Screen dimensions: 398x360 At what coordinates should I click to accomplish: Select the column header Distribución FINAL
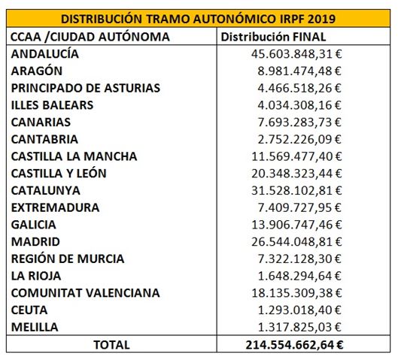pos(273,37)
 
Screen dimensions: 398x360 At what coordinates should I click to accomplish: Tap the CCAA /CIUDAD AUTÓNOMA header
pos(90,37)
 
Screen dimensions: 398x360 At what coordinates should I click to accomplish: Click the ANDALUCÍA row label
pos(45,54)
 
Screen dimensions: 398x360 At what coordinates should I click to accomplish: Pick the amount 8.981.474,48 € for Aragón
pos(299,71)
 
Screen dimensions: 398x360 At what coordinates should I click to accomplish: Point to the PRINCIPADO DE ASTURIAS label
pos(86,88)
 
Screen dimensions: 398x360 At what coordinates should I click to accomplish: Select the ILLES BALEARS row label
pos(52,105)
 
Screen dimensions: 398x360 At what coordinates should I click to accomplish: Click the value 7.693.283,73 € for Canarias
pos(299,123)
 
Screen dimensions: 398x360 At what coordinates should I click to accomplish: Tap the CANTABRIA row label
pos(44,139)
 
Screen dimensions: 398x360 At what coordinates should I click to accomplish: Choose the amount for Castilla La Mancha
pos(296,156)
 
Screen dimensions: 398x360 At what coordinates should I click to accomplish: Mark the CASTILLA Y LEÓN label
pos(59,174)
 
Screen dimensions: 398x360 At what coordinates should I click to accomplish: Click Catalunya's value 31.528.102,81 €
pos(296,191)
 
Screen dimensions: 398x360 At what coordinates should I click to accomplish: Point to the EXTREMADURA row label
pos(55,207)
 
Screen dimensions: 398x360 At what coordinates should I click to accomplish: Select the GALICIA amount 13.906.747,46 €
pos(296,225)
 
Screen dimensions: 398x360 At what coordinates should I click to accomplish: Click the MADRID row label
pos(35,241)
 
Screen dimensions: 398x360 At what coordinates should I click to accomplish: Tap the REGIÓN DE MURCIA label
pos(68,259)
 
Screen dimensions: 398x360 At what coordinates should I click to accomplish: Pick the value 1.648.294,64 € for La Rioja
pos(299,276)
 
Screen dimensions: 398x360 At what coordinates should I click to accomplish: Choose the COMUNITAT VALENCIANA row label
pos(86,293)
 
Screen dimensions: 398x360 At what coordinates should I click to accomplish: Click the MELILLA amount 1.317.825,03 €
pos(299,327)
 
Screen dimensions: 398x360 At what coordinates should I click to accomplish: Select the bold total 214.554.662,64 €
pos(294,345)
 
